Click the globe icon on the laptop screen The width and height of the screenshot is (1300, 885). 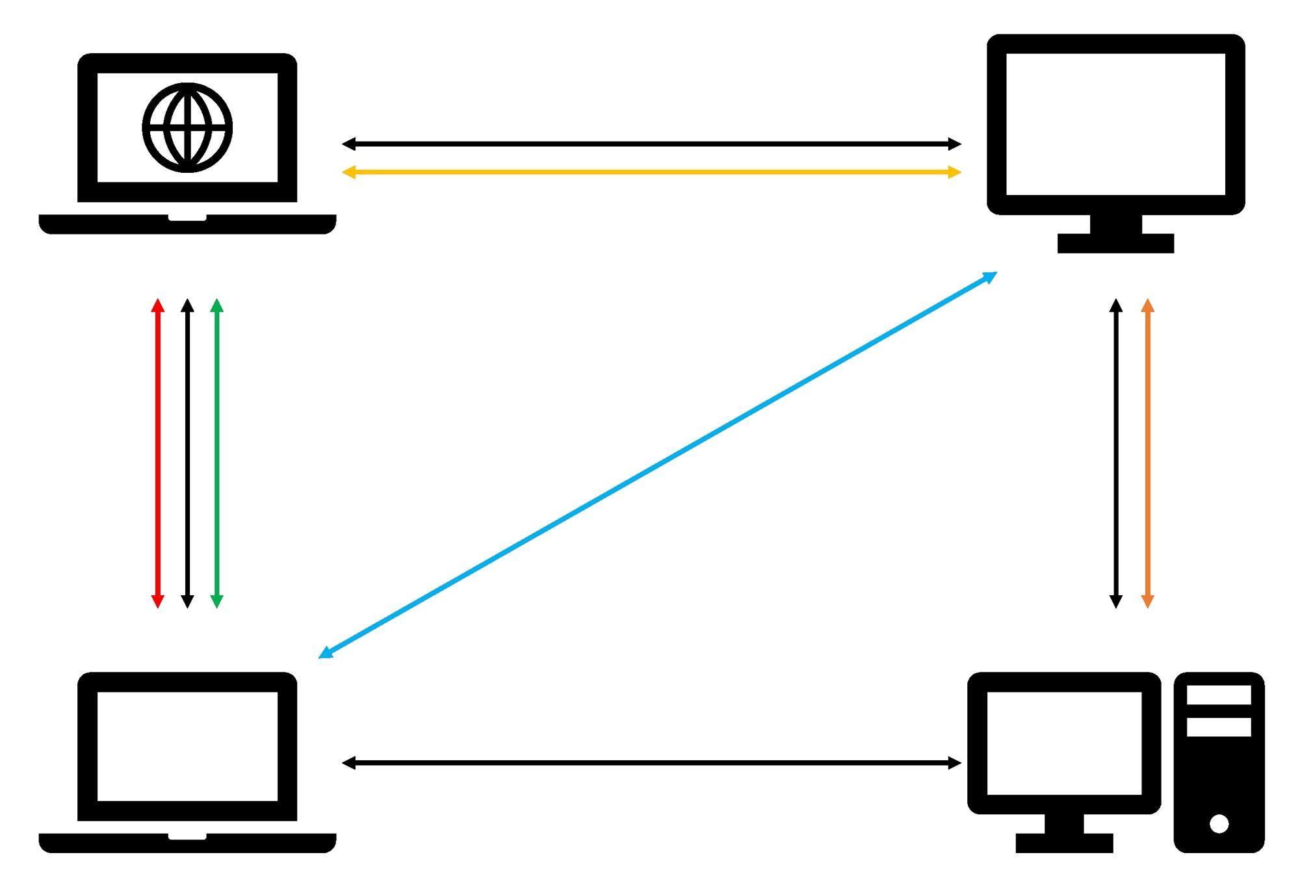click(x=187, y=127)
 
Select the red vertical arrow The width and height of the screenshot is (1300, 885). click(x=157, y=454)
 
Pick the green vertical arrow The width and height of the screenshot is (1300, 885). click(x=217, y=454)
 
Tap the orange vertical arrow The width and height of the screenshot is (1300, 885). click(x=1147, y=454)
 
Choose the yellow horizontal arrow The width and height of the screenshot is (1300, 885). click(x=651, y=172)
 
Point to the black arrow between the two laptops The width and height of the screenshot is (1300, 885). click(x=187, y=454)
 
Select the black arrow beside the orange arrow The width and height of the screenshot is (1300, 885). click(x=1116, y=454)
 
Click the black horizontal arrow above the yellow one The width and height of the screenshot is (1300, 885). click(x=651, y=144)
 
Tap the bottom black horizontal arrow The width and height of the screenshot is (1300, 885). click(x=651, y=763)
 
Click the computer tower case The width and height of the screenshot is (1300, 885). click(x=1219, y=780)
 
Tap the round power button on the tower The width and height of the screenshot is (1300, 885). click(x=1219, y=824)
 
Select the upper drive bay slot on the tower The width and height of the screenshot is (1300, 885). click(x=1219, y=695)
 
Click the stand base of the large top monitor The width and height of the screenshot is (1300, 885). click(x=1115, y=243)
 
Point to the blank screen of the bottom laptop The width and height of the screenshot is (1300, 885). click(x=187, y=746)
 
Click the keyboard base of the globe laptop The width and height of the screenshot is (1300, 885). click(x=187, y=225)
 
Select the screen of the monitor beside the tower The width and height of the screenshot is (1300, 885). click(x=1064, y=743)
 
